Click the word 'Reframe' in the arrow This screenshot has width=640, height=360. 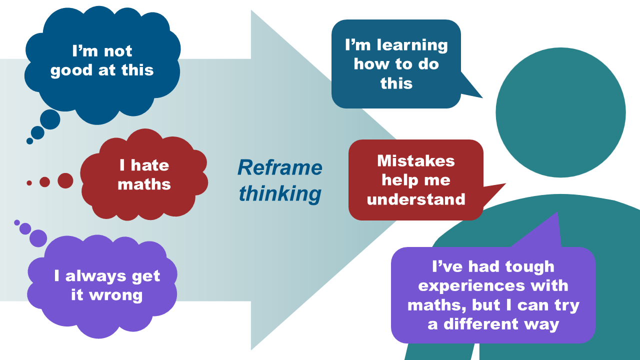(x=279, y=167)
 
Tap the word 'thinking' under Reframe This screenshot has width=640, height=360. (x=279, y=193)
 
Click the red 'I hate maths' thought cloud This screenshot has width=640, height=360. (x=144, y=175)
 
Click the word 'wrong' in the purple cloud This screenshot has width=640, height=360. (x=116, y=295)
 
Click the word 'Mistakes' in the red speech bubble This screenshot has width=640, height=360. (x=416, y=161)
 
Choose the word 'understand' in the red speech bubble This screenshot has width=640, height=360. (x=416, y=199)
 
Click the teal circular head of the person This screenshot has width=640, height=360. (x=560, y=112)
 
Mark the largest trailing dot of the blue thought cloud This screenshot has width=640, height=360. (x=50, y=119)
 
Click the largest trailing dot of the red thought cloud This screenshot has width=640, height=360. (x=65, y=180)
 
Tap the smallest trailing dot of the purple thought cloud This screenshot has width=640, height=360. (x=17, y=222)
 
